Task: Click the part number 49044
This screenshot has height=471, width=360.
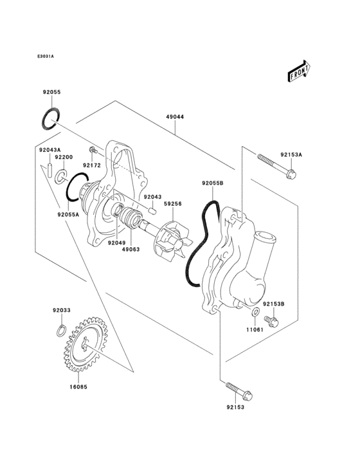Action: click(175, 118)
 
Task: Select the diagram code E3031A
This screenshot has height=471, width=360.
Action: click(46, 57)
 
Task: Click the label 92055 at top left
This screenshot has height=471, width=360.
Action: click(51, 93)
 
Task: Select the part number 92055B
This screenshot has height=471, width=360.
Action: click(212, 183)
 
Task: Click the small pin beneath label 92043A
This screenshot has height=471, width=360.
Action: click(49, 172)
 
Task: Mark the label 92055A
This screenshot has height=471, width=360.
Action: click(68, 215)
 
